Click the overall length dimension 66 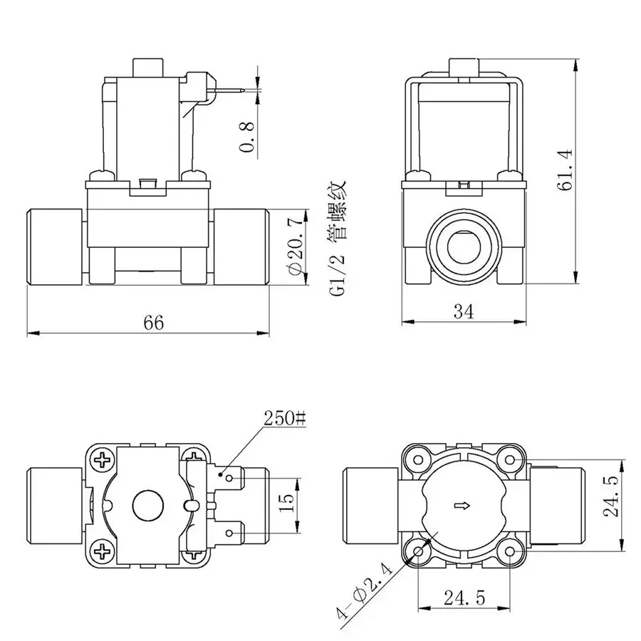152,322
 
